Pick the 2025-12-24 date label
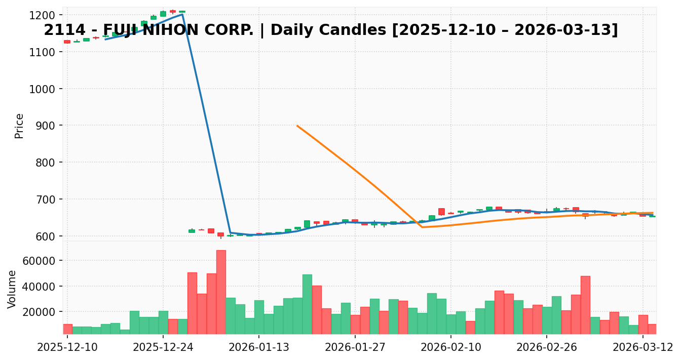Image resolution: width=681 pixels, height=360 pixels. click(x=163, y=348)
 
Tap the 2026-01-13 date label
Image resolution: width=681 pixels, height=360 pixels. click(x=258, y=348)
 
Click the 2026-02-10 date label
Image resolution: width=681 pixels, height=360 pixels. click(x=451, y=348)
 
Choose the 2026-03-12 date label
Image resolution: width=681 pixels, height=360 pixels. click(x=642, y=348)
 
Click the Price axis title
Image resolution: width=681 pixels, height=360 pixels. click(x=19, y=126)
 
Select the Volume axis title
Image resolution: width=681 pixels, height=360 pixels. click(x=12, y=289)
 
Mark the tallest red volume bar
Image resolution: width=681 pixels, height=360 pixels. click(x=221, y=292)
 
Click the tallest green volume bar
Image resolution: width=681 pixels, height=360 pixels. click(x=307, y=304)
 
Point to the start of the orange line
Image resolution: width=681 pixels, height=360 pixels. click(x=297, y=126)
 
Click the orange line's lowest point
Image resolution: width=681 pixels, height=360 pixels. click(x=422, y=227)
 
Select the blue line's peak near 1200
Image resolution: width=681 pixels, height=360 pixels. click(x=182, y=14)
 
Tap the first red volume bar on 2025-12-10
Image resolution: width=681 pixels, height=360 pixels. click(x=67, y=329)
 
